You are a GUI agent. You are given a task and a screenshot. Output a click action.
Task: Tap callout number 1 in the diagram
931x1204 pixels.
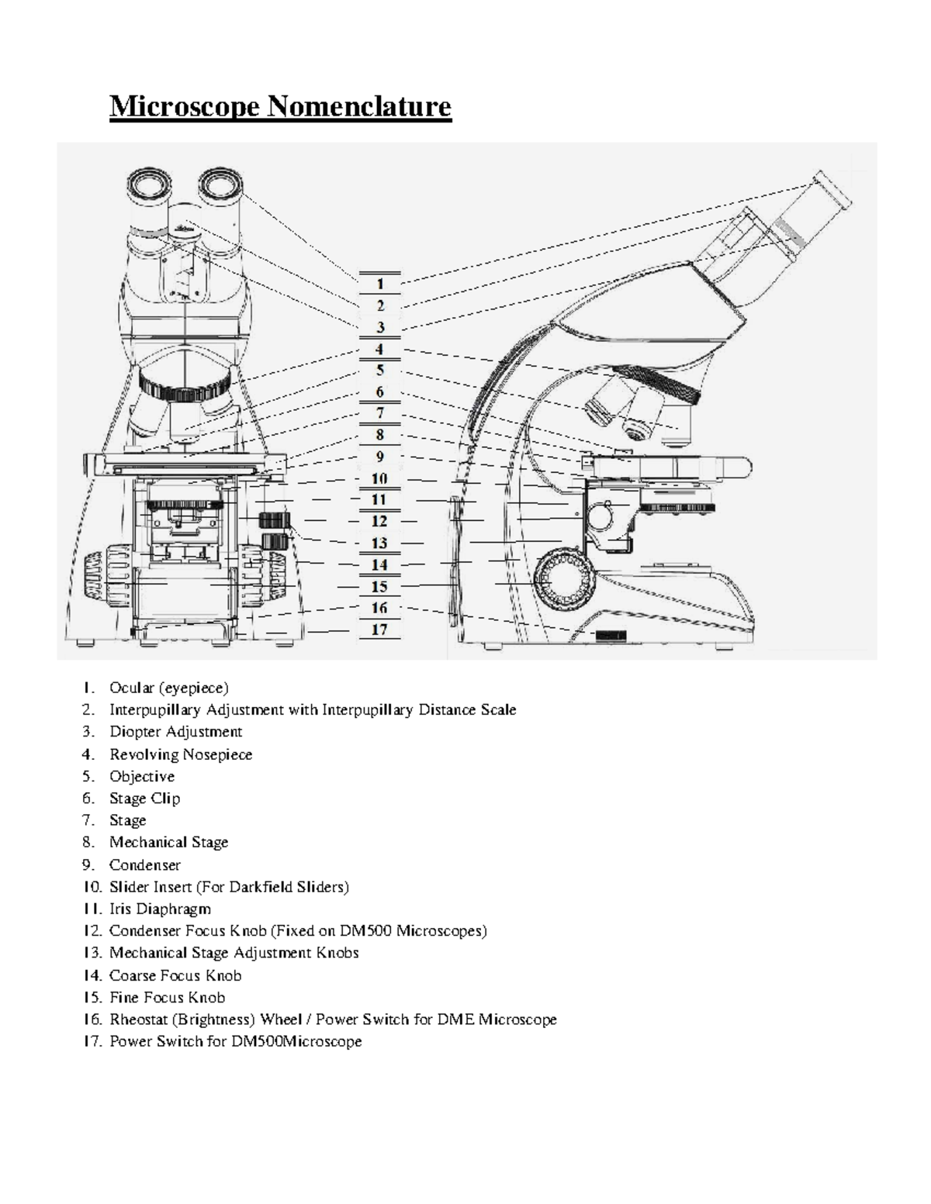[x=380, y=284]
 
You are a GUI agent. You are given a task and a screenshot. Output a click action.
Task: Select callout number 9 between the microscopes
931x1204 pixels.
[x=380, y=457]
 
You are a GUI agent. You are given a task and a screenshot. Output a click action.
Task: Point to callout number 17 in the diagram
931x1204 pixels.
[x=379, y=630]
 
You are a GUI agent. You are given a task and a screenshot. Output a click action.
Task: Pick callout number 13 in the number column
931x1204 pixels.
[x=379, y=543]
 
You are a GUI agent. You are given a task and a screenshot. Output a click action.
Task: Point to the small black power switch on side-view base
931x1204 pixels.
[x=611, y=636]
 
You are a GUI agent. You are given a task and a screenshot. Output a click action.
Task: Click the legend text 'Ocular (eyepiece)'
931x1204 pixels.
[x=168, y=688]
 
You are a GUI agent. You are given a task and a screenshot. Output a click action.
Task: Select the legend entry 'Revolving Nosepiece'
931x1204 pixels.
[x=180, y=754]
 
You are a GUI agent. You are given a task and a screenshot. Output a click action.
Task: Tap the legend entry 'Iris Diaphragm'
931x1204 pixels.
[x=160, y=909]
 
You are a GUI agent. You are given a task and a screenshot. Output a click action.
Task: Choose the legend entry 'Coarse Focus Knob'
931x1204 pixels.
[x=175, y=975]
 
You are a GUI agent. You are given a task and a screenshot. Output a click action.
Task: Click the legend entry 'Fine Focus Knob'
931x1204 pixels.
[x=167, y=997]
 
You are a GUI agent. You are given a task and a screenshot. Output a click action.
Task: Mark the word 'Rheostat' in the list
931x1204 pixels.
[x=137, y=1019]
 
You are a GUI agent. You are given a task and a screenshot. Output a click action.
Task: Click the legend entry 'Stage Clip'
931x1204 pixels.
[x=144, y=799]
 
